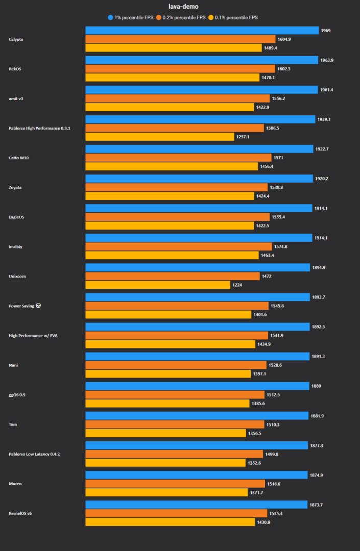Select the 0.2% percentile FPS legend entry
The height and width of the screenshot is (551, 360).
coord(181,17)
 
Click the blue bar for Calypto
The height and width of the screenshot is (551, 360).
coord(202,31)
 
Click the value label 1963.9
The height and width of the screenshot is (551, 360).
coord(327,60)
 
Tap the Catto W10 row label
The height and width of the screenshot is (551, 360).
coord(19,158)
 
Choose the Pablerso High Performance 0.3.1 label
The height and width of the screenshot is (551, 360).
coord(39,128)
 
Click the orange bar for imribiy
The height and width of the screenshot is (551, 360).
coord(179,246)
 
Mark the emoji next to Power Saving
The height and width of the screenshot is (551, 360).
coord(38,306)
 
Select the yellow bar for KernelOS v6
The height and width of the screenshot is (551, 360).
coord(170,522)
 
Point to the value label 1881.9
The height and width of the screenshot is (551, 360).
coord(317,416)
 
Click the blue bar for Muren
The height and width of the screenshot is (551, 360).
coord(197,475)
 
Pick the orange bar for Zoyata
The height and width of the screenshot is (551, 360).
coord(176,187)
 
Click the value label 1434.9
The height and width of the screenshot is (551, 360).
coord(264,344)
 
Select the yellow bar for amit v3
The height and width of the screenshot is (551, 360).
coord(170,107)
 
